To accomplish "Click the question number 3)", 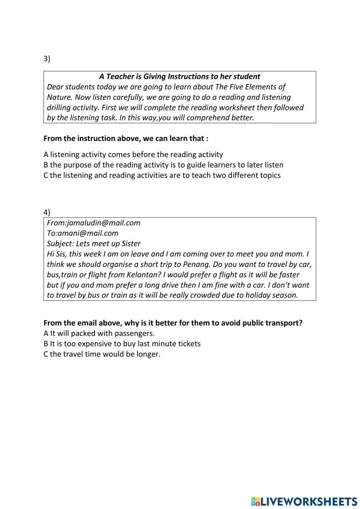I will click(47, 59).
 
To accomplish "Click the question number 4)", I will click(47, 212).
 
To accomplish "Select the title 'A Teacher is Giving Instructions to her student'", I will click(179, 76).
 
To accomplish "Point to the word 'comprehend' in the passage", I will click(207, 118).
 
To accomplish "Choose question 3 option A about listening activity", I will click(133, 155).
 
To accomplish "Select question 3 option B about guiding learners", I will click(163, 165).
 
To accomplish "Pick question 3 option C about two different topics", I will click(162, 175).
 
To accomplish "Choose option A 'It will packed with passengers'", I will click(99, 333).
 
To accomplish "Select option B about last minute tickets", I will click(122, 344).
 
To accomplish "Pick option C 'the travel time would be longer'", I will click(102, 354).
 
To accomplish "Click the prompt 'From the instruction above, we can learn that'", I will click(126, 139).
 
